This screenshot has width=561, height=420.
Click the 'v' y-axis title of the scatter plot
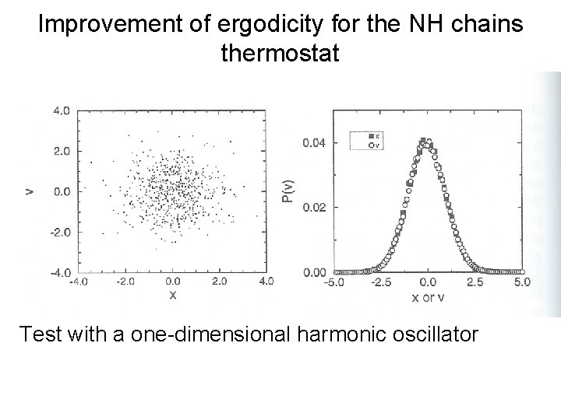[29, 190]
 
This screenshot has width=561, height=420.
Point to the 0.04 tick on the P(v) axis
[315, 142]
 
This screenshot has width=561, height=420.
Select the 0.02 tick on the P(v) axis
[315, 208]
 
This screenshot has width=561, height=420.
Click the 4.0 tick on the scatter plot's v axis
[61, 110]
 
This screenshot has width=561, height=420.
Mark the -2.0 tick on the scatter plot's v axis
[59, 232]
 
